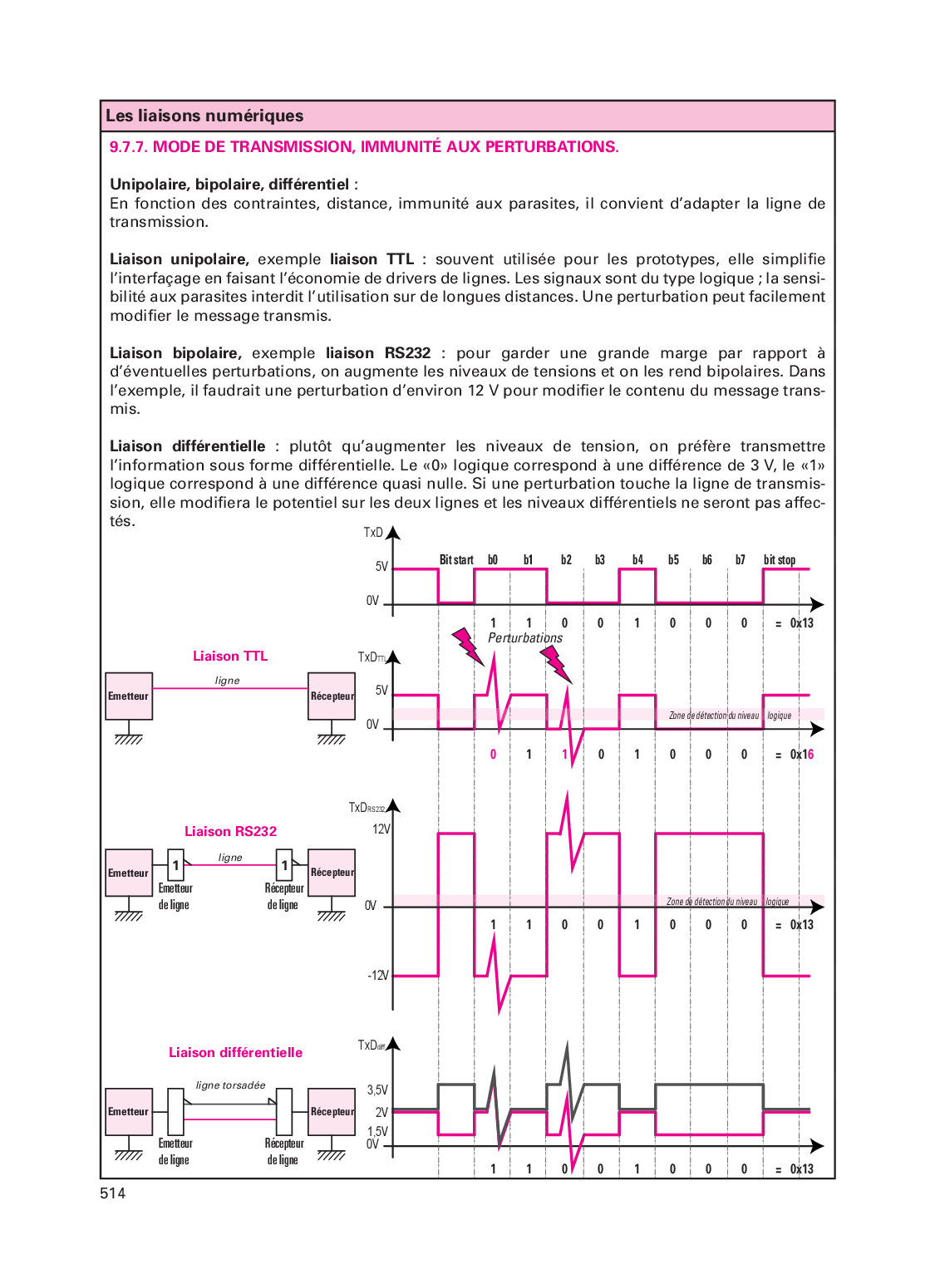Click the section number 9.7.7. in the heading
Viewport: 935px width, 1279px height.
pyautogui.click(x=129, y=147)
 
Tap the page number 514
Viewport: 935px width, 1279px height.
pyautogui.click(x=112, y=1193)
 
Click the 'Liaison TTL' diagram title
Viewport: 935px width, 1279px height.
pyautogui.click(x=230, y=657)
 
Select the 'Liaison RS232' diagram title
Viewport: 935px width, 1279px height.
pyautogui.click(x=230, y=831)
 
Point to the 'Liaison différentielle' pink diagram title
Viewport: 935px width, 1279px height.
pyautogui.click(x=235, y=1052)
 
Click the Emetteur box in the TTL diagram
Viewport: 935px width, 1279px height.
pyautogui.click(x=129, y=696)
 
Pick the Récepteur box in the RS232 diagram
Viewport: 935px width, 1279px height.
pyautogui.click(x=332, y=872)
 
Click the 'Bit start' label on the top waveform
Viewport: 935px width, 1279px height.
pyautogui.click(x=456, y=560)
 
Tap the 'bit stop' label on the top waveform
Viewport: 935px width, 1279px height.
pyautogui.click(x=780, y=560)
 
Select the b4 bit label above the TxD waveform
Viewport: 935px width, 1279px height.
pyautogui.click(x=637, y=560)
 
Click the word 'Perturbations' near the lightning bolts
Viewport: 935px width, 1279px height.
pyautogui.click(x=525, y=638)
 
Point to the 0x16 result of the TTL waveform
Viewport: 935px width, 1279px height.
pyautogui.click(x=802, y=755)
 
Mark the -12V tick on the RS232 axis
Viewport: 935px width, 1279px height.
pyautogui.click(x=378, y=976)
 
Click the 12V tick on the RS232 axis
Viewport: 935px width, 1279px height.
pyautogui.click(x=381, y=829)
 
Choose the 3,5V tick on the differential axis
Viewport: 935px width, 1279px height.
pyautogui.click(x=377, y=1090)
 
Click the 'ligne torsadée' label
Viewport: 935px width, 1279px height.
pyautogui.click(x=231, y=1085)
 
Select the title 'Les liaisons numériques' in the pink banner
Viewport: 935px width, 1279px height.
pyautogui.click(x=204, y=116)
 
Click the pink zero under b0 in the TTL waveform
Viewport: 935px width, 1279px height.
pyautogui.click(x=493, y=755)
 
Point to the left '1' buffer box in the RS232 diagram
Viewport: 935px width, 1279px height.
pyautogui.click(x=175, y=865)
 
